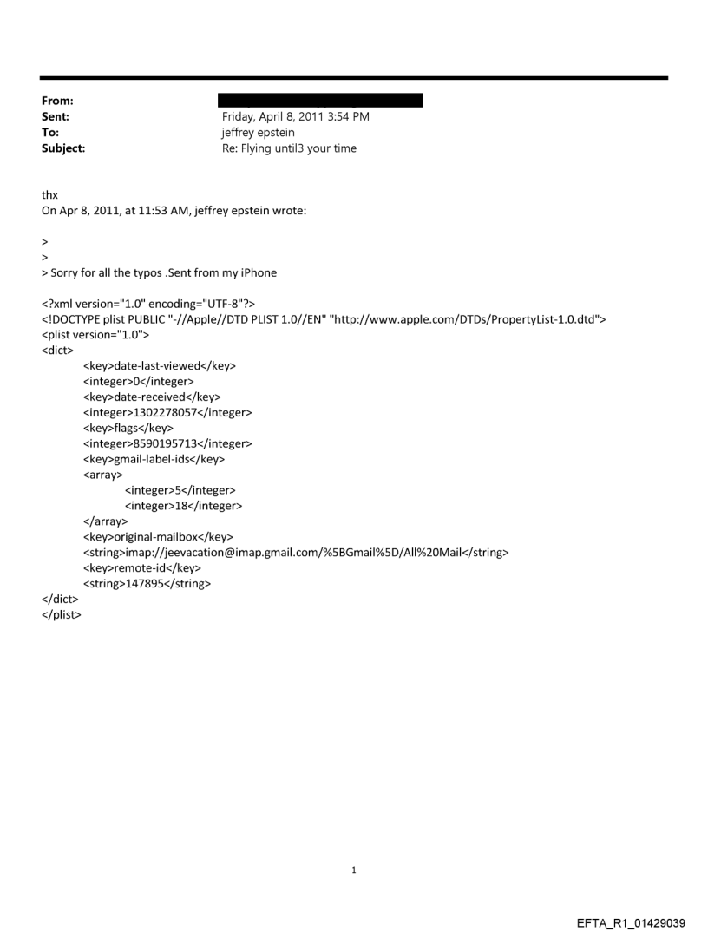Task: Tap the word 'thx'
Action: tap(49, 195)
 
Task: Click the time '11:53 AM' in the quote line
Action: tap(162, 211)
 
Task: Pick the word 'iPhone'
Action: tap(258, 272)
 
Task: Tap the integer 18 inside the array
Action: tap(183, 506)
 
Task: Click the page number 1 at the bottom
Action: tap(354, 869)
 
